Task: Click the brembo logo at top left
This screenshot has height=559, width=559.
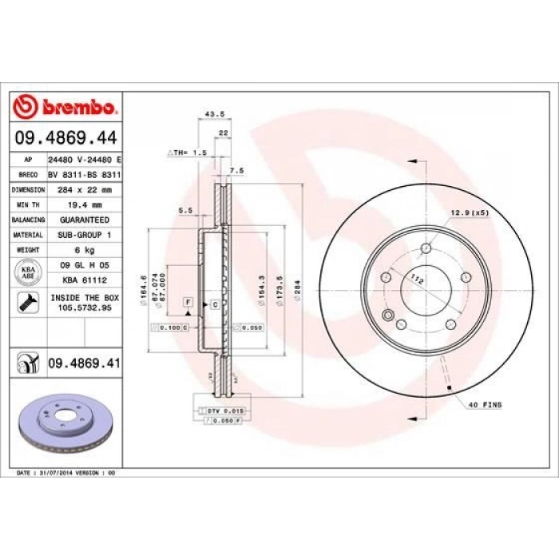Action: click(66, 107)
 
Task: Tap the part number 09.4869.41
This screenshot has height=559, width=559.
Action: click(85, 364)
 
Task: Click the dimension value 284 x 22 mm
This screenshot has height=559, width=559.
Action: click(85, 190)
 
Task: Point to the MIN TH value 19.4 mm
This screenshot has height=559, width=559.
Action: click(85, 204)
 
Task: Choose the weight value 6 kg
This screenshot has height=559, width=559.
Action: click(85, 250)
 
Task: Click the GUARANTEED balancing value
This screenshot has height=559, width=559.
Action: click(85, 220)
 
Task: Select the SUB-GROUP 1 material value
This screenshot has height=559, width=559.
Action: click(85, 235)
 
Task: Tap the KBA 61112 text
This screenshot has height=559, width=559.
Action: click(85, 279)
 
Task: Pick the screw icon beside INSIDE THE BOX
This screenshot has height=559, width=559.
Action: click(26, 302)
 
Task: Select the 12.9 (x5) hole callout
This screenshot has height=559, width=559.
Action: click(470, 212)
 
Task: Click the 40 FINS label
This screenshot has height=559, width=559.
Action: click(486, 406)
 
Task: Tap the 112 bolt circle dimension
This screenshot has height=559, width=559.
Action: click(415, 279)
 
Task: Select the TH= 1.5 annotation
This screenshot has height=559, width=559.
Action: click(189, 152)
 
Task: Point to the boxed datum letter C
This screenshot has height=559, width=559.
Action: click(215, 305)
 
